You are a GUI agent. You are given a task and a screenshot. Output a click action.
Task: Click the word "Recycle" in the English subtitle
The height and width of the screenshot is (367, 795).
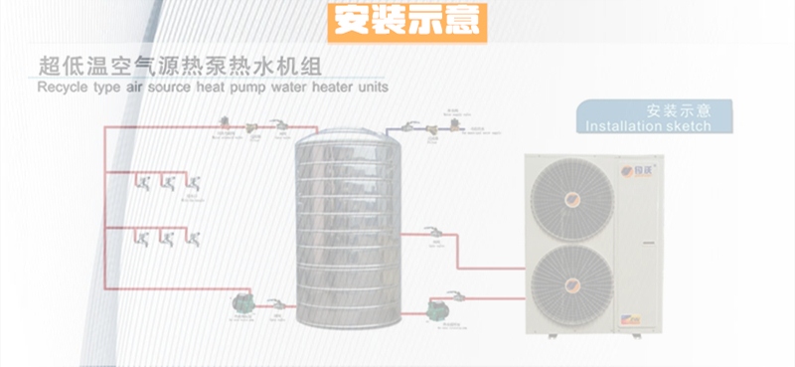click(x=64, y=88)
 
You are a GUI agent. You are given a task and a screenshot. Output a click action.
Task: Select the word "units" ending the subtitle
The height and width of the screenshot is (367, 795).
click(x=369, y=88)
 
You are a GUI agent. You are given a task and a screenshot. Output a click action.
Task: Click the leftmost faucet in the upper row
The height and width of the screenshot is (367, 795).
click(x=145, y=183)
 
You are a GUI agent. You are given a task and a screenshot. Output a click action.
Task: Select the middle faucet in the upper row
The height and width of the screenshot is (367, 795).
click(x=168, y=183)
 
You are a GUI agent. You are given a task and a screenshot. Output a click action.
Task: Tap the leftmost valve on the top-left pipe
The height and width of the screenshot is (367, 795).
click(x=225, y=123)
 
